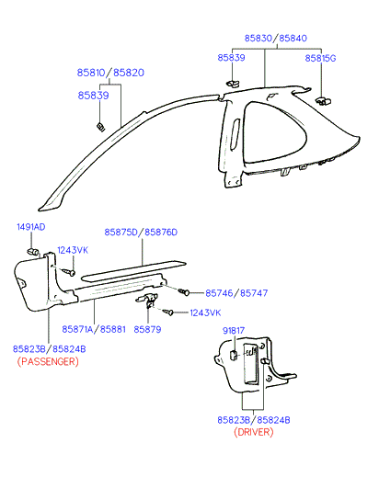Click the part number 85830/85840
pos(276,39)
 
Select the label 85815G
pos(320,58)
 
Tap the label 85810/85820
pos(110,73)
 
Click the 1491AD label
pos(31,227)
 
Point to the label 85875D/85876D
pos(141,233)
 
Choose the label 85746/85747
pos(236,293)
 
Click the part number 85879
pos(147,329)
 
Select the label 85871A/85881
pos(94,329)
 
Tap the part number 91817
pos(234,331)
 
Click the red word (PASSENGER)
pos(48,361)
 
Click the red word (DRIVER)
pos(254,432)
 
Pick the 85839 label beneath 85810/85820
pos(93,96)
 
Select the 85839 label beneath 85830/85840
pos(231,58)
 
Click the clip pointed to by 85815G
pos(323,101)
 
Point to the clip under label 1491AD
pos(32,251)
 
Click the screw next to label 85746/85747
pos(184,291)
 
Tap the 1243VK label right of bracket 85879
pos(205,312)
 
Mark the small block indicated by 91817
pos(234,355)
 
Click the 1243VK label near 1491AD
pos(73,250)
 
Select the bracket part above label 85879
pos(147,301)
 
